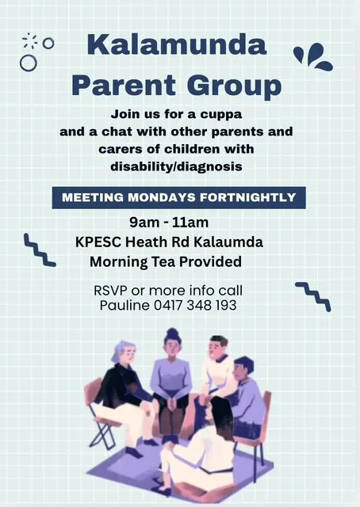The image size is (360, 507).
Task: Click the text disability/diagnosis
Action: [177, 166]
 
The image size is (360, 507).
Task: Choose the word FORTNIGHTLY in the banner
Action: [253, 197]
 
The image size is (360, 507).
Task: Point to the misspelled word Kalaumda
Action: [237, 242]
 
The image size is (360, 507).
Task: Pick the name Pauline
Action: [125, 305]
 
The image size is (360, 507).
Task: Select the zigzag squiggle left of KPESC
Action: [40, 250]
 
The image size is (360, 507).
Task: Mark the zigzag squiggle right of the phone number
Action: [312, 295]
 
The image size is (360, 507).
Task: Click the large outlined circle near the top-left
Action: [29, 62]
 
